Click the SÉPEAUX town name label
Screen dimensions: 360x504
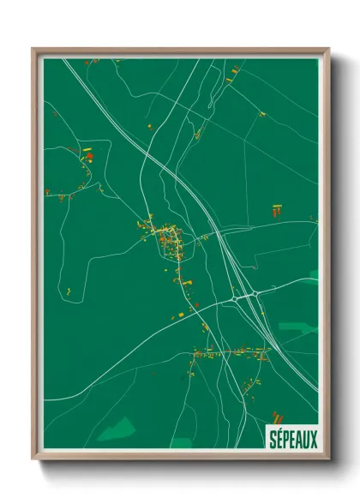293,439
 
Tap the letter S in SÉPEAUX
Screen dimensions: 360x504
273,439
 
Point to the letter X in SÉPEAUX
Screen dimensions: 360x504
314,439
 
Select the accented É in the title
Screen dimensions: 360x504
280,438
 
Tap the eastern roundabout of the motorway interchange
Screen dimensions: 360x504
255,297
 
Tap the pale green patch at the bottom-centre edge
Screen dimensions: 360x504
182,443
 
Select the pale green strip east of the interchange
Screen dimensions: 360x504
297,327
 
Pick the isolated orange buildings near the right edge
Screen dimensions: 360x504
276,209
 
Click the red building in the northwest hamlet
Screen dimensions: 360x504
88,156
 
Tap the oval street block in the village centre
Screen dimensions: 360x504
169,243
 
